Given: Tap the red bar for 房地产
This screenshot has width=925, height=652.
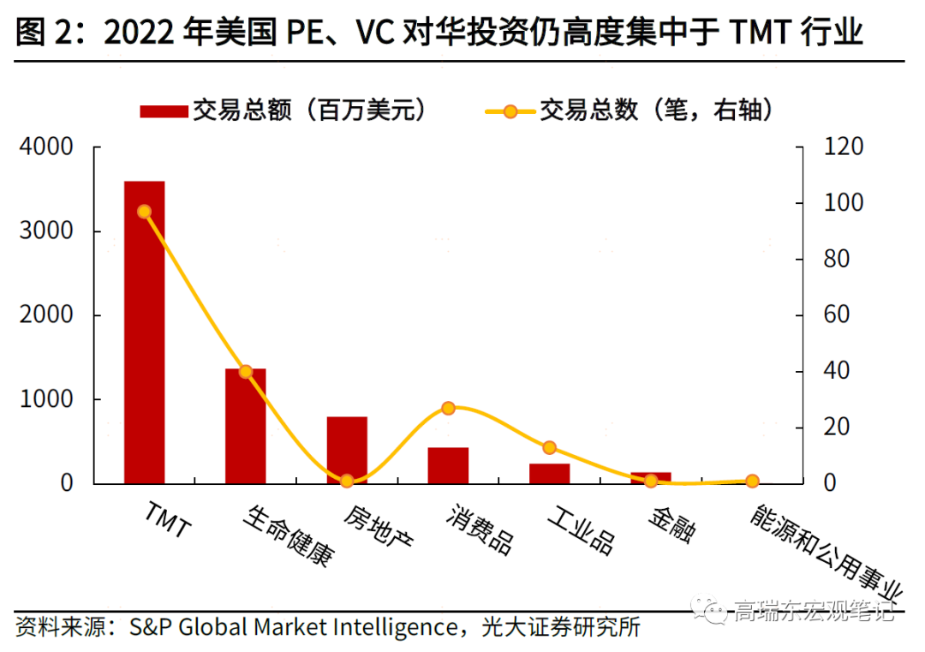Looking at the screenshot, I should (x=347, y=450).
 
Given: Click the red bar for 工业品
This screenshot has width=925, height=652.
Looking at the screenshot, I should (x=549, y=474).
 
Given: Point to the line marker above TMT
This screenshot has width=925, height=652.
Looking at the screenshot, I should (x=144, y=212).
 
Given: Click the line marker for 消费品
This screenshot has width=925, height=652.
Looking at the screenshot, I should (x=448, y=409).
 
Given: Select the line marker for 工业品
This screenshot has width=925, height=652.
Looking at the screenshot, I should (x=549, y=447).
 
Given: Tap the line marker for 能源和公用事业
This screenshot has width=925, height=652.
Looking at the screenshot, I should (x=752, y=482).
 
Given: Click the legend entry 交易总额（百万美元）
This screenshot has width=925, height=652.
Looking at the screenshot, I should (x=283, y=111).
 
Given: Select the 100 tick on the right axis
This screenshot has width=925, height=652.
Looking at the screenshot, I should (x=843, y=203).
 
